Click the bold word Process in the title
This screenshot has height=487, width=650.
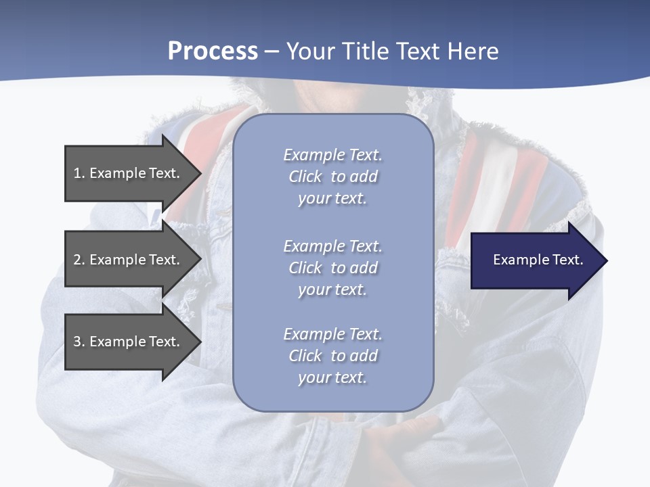pos(213,51)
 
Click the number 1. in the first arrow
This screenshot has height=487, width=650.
pos(79,173)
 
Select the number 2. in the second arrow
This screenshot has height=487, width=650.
pos(79,260)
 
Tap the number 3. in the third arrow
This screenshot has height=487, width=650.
pos(79,342)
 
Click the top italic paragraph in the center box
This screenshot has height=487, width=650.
pos(332,177)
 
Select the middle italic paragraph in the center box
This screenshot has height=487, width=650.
pos(332,268)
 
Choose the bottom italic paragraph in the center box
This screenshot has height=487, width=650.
pos(332,356)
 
